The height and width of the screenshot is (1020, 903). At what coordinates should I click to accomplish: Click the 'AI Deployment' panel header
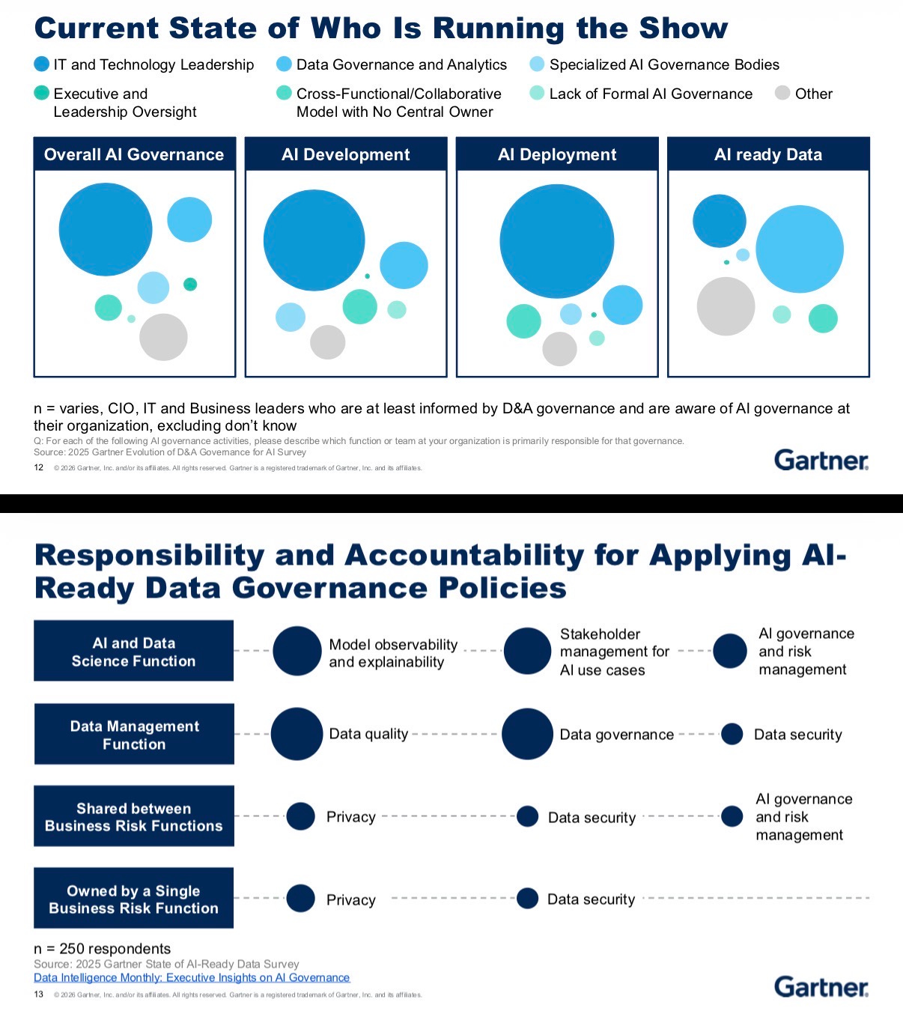[x=557, y=154]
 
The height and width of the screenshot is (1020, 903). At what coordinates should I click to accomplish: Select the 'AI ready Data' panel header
[x=768, y=154]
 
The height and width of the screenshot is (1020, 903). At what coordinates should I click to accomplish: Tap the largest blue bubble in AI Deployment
[x=556, y=241]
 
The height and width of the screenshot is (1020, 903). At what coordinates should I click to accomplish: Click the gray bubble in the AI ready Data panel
[x=726, y=306]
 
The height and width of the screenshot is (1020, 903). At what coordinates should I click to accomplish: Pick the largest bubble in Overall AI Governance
[x=106, y=229]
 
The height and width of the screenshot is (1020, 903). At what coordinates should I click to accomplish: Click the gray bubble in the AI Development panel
[x=327, y=342]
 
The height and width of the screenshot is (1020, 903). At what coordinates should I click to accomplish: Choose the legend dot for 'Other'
[x=782, y=94]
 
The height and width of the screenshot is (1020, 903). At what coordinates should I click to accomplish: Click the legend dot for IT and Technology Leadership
[x=42, y=64]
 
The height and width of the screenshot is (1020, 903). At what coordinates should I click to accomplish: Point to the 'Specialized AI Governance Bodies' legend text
[x=664, y=64]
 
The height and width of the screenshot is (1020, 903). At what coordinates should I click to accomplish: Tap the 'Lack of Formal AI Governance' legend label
[x=651, y=94]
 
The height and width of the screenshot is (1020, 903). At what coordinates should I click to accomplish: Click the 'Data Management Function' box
[x=134, y=735]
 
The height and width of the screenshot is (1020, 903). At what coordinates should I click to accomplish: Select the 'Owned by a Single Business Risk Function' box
[x=134, y=899]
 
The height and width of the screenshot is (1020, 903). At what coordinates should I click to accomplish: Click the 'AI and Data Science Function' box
[x=134, y=652]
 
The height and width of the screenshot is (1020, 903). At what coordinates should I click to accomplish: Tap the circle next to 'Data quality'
[x=297, y=734]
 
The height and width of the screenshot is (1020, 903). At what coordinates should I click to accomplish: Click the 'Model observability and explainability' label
[x=393, y=653]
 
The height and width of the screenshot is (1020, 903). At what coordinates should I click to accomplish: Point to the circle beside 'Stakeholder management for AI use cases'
[x=527, y=651]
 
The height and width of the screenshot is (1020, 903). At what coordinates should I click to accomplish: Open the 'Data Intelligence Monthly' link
[x=192, y=977]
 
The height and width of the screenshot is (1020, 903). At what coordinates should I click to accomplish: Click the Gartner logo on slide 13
[x=821, y=987]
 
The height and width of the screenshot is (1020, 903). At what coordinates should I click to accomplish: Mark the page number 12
[x=39, y=467]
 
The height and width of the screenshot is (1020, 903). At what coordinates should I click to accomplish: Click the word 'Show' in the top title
[x=684, y=28]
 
